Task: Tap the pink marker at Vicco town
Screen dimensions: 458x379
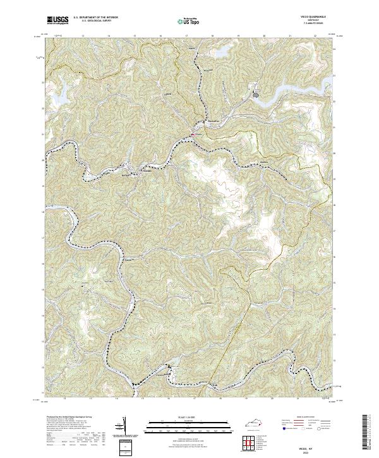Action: [193, 133]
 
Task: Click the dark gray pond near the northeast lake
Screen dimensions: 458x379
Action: [256, 96]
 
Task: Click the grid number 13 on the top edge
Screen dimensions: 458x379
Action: [83, 36]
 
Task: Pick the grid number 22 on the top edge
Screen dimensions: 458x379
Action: [315, 36]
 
